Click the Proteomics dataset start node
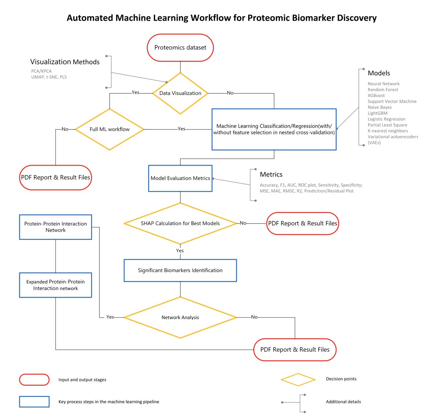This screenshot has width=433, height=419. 180,48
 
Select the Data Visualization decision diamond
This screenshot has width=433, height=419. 180,93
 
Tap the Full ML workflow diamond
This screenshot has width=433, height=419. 109,129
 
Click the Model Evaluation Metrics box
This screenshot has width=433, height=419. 180,178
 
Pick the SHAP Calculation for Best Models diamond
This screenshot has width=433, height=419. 180,223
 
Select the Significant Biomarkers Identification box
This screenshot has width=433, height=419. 180,270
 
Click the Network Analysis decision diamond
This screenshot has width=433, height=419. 180,317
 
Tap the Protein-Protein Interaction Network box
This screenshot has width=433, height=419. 55,227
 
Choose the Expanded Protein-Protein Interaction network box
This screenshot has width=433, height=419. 55,285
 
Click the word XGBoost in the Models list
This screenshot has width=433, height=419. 376,95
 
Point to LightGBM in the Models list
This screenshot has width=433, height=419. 377,113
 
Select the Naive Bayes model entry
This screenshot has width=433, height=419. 380,107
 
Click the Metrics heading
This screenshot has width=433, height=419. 271,174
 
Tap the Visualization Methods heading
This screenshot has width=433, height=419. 65,62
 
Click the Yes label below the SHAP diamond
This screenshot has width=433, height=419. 180,251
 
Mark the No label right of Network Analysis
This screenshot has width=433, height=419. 254,317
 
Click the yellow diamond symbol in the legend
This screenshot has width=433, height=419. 298,380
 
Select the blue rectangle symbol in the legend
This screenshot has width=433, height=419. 34,402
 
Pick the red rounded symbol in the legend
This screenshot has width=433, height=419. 34,380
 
